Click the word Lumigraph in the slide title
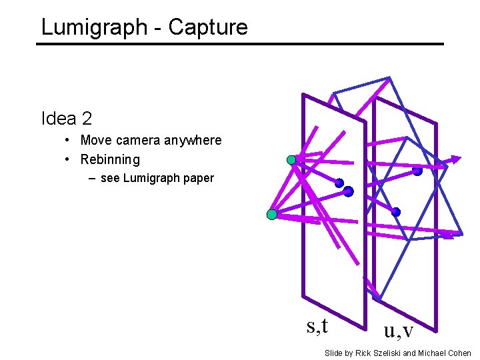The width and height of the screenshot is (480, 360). [x=93, y=27]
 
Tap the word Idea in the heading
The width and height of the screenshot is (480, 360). [x=59, y=119]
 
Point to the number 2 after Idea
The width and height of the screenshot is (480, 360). [x=87, y=119]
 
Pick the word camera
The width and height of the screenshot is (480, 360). [x=139, y=141]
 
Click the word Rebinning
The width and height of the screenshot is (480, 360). [x=110, y=159]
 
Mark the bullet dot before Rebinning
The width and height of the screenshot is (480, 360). [x=69, y=159]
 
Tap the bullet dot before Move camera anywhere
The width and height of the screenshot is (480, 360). [x=69, y=141]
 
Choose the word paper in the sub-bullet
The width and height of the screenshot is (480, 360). [x=199, y=178]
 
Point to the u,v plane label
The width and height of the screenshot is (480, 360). [x=398, y=329]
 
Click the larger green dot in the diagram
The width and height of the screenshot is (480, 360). [x=271, y=215]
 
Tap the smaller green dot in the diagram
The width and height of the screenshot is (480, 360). [x=291, y=160]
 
